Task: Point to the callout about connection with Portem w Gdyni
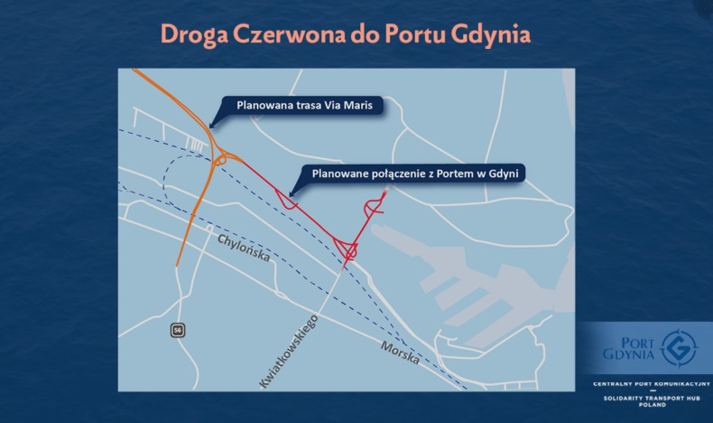click(x=418, y=173)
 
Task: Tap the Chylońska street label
click(x=244, y=247)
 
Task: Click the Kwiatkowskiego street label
click(x=290, y=351)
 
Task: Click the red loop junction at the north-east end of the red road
click(x=374, y=207)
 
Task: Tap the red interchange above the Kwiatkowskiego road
click(x=347, y=248)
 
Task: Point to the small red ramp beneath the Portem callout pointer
click(x=289, y=202)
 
